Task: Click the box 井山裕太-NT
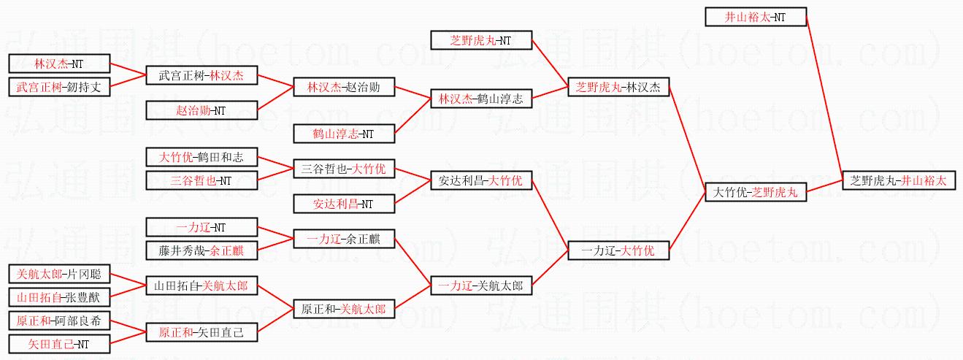[756, 17]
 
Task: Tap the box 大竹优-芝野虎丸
[756, 193]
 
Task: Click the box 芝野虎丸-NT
[481, 40]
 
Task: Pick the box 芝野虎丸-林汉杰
[618, 88]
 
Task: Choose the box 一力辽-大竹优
[618, 251]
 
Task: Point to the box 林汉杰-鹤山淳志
[481, 99]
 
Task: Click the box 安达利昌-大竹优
[481, 180]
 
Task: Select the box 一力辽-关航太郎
[481, 286]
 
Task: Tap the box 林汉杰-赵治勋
[343, 88]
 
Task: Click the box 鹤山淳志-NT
[343, 134]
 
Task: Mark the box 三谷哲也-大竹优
[343, 169]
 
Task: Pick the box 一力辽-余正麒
[343, 239]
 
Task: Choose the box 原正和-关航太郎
[343, 310]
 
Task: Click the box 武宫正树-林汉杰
[206, 75]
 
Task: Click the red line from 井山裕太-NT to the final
[824, 96]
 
